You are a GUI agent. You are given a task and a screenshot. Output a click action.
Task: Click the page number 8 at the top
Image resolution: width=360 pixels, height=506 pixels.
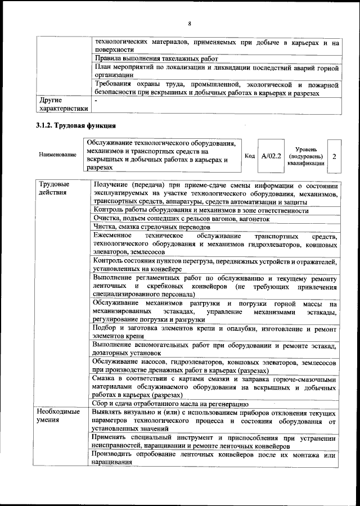190,23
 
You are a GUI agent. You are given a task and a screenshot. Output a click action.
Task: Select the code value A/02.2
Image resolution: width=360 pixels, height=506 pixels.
271,156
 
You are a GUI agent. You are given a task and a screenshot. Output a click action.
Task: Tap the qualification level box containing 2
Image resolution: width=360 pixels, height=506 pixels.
334,156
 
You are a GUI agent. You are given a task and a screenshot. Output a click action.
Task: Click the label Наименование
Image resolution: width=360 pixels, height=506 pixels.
58,155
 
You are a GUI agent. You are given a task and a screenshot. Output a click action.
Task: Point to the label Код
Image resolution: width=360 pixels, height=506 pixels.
250,156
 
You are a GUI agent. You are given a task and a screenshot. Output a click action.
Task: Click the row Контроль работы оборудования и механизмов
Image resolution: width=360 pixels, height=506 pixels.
201,210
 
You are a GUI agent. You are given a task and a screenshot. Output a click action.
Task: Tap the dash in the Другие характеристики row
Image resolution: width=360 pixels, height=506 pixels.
96,101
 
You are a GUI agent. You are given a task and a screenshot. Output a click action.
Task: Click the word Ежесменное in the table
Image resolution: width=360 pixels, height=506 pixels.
112,235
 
